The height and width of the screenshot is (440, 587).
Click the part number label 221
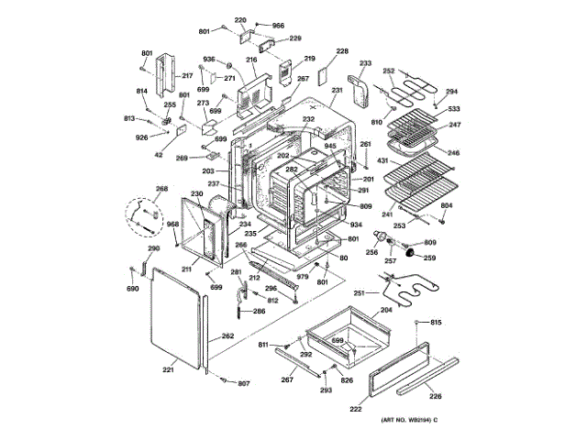pyautogui.click(x=168, y=370)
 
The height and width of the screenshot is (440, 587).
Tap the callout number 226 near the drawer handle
pyautogui.click(x=436, y=396)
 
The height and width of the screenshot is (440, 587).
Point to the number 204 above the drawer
pyautogui.click(x=386, y=311)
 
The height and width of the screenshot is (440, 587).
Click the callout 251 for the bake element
pyautogui.click(x=360, y=293)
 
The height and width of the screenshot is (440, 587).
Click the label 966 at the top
pyautogui.click(x=277, y=25)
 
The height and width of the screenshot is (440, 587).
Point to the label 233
pyautogui.click(x=365, y=63)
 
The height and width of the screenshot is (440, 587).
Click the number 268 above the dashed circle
pyautogui.click(x=161, y=189)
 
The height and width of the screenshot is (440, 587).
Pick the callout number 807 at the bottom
pyautogui.click(x=244, y=383)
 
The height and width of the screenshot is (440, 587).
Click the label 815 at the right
pyautogui.click(x=436, y=322)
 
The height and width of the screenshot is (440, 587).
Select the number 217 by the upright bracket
pyautogui.click(x=187, y=75)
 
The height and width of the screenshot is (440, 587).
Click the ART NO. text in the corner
pyautogui.click(x=404, y=420)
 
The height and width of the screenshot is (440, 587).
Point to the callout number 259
pyautogui.click(x=429, y=258)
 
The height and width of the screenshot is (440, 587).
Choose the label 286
pyautogui.click(x=260, y=312)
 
